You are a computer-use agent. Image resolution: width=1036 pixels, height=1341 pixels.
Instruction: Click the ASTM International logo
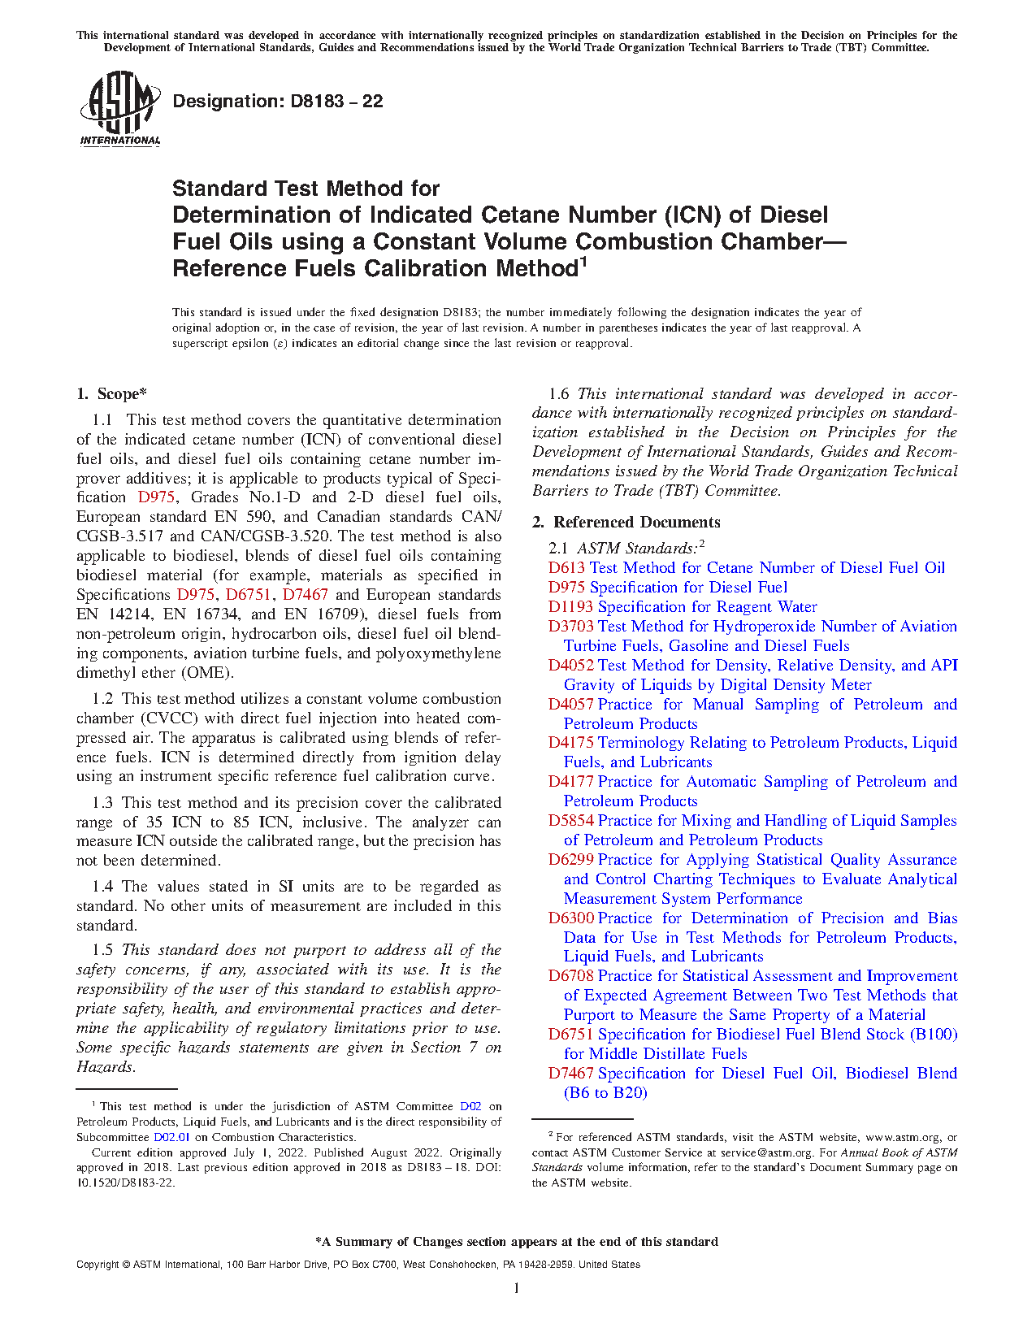pyautogui.click(x=120, y=107)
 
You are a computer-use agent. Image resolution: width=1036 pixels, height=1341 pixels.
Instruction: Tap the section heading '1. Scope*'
pyautogui.click(x=111, y=394)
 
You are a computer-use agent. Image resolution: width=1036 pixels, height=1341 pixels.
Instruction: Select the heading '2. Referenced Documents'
pyautogui.click(x=626, y=523)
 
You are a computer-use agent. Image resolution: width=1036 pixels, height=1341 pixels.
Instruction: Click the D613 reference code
pyautogui.click(x=567, y=568)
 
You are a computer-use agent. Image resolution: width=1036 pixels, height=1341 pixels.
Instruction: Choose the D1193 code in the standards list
pyautogui.click(x=571, y=607)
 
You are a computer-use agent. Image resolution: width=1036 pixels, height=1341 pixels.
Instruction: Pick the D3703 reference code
pyautogui.click(x=571, y=627)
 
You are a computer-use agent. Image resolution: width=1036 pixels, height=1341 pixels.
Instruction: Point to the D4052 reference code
pyautogui.click(x=571, y=666)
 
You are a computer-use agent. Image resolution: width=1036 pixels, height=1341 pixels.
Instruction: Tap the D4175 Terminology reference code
pyautogui.click(x=571, y=743)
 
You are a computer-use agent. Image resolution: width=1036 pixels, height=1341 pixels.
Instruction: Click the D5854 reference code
pyautogui.click(x=571, y=821)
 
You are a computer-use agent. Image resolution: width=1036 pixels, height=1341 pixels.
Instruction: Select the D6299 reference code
pyautogui.click(x=571, y=860)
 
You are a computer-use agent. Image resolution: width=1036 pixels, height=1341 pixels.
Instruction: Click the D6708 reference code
pyautogui.click(x=571, y=976)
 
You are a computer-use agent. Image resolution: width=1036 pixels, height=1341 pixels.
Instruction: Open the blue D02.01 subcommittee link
pyautogui.click(x=171, y=1138)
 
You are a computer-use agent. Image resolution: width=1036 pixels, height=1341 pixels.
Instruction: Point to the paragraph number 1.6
pyautogui.click(x=559, y=394)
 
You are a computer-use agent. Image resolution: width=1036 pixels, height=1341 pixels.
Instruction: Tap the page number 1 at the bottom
pyautogui.click(x=517, y=1288)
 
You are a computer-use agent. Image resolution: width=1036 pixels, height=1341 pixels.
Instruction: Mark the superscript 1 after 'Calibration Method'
pyautogui.click(x=583, y=262)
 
